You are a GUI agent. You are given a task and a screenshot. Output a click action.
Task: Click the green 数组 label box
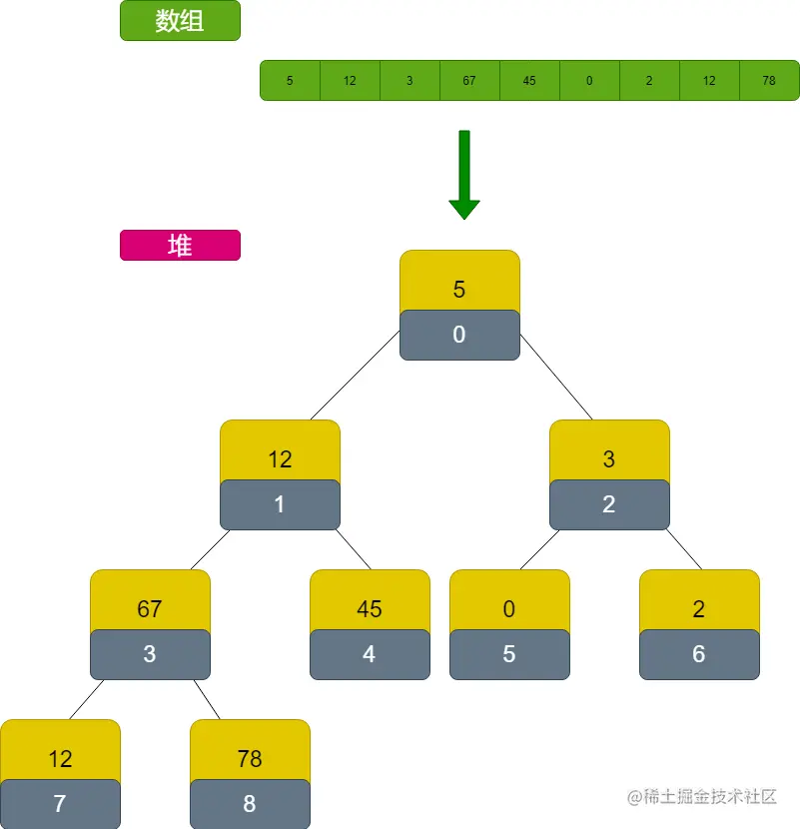[180, 21]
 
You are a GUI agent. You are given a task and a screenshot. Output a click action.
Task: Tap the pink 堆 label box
[180, 246]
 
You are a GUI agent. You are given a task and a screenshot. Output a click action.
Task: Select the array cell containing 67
[469, 80]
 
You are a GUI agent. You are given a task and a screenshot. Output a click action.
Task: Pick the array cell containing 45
[529, 80]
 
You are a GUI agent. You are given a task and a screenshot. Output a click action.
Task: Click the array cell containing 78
[769, 80]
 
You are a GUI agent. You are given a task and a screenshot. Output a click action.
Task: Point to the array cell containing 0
[589, 80]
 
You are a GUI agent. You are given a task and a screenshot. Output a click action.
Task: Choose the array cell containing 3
[409, 80]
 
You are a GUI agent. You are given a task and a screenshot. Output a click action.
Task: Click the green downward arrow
[464, 175]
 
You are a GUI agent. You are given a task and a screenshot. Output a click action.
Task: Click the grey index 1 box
[280, 505]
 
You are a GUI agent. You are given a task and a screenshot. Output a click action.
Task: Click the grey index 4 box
[370, 655]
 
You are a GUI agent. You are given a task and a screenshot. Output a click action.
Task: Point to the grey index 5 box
[509, 655]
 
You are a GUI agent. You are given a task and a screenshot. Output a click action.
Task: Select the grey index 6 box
[699, 655]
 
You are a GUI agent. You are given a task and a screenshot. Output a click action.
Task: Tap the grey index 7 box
[60, 804]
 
